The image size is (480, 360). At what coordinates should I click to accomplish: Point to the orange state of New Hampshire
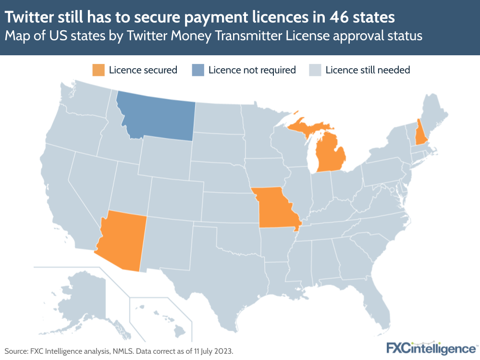coord(420,135)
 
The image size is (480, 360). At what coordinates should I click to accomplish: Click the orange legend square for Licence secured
coord(98,70)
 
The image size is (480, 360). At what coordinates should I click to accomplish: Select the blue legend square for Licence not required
coord(197,70)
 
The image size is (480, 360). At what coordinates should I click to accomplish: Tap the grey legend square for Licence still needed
coord(315,70)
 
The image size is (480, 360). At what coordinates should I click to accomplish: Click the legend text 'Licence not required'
coord(252,70)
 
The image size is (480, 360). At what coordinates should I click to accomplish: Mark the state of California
coord(62,192)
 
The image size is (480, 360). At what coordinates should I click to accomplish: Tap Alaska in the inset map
coord(82,293)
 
